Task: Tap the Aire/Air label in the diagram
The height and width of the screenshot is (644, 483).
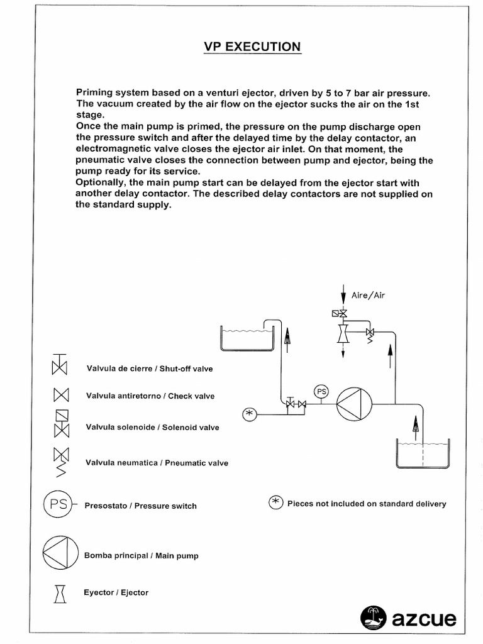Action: click(x=368, y=295)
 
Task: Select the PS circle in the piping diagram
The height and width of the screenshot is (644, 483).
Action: click(x=321, y=391)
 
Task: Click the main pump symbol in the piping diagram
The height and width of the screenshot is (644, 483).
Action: click(x=354, y=403)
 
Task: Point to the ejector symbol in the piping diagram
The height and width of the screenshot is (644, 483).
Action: click(x=343, y=331)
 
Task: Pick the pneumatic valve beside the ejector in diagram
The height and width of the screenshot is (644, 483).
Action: click(x=370, y=335)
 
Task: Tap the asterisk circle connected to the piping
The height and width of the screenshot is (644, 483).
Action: click(x=250, y=413)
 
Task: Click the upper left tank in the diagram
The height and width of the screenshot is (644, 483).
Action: click(x=246, y=338)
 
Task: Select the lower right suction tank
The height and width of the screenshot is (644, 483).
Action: click(x=422, y=454)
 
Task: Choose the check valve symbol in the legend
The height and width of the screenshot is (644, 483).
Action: click(x=60, y=396)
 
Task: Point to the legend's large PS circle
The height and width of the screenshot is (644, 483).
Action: click(x=58, y=505)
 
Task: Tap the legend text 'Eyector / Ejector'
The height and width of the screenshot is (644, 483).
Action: click(x=116, y=592)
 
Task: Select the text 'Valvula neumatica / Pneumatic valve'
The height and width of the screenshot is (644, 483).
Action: click(x=157, y=463)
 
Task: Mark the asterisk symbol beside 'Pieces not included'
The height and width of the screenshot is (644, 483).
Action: click(x=275, y=503)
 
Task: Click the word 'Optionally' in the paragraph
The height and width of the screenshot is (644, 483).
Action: click(x=101, y=183)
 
